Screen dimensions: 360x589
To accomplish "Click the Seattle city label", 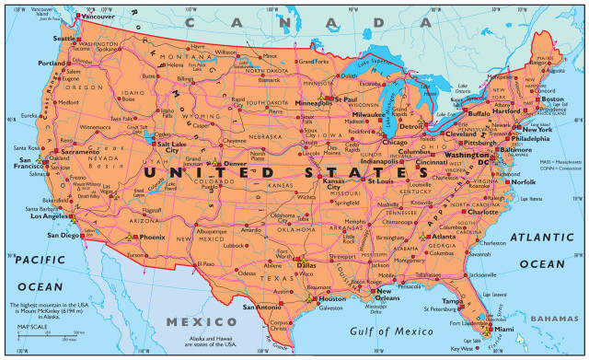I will (64, 39).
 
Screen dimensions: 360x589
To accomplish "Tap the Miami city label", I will (503, 329).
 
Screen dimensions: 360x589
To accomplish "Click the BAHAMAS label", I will (559, 318).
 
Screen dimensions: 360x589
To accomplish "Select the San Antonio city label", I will (261, 306).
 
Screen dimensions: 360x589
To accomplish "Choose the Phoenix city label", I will (152, 237).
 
